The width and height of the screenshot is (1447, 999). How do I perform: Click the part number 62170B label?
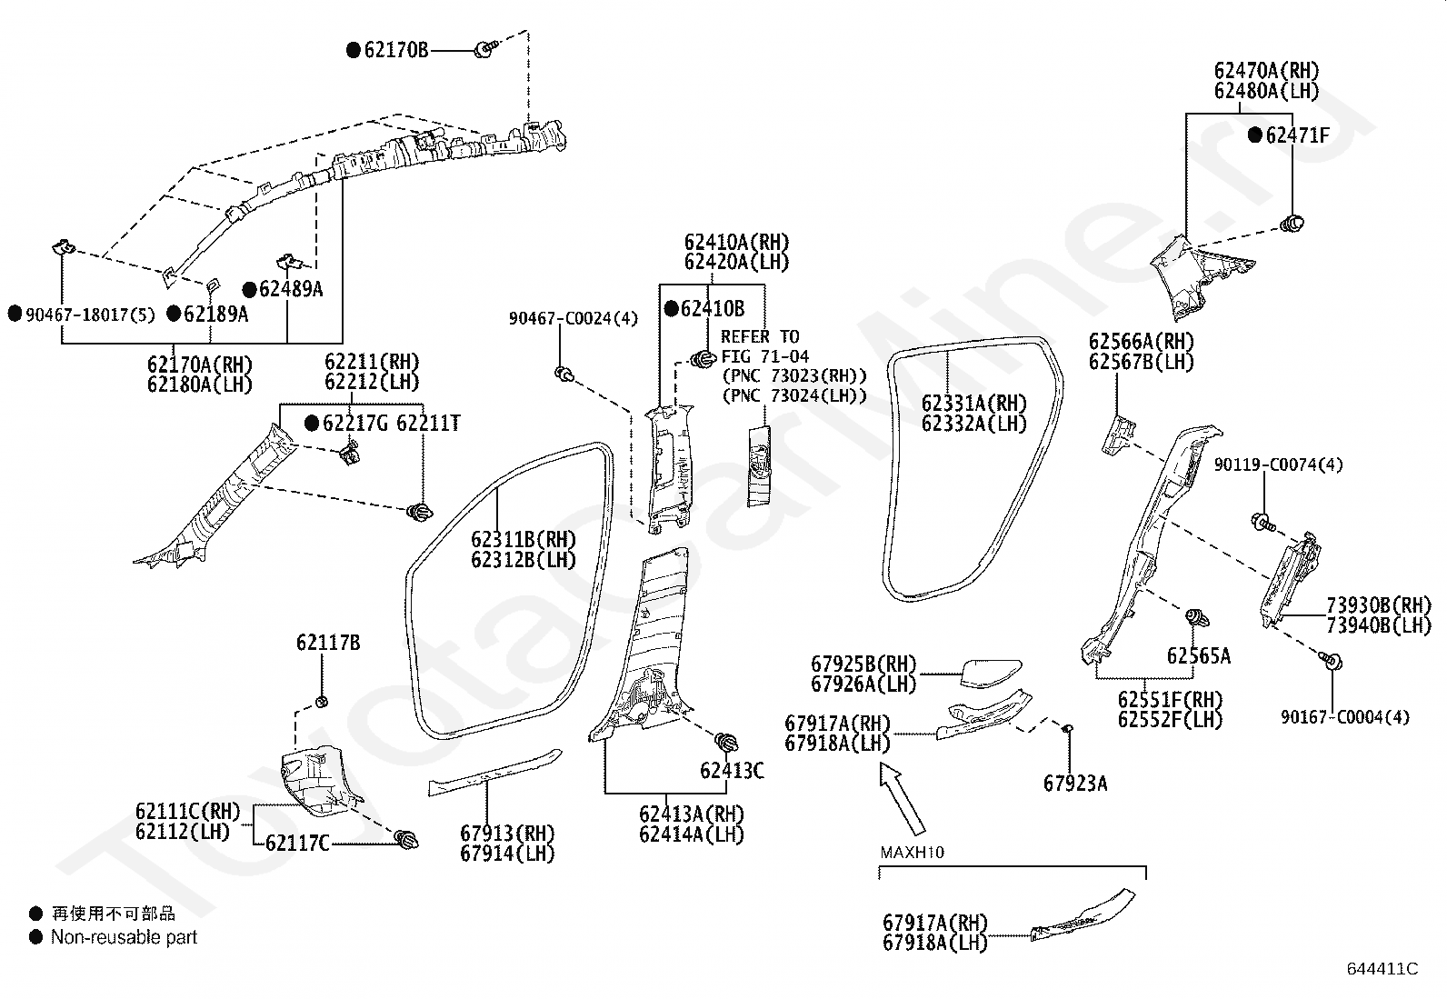coord(396,50)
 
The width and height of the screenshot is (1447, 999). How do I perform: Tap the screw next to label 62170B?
coord(486,48)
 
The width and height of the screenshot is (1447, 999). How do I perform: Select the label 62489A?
coord(291,289)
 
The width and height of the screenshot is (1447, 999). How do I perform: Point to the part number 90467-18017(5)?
coord(91,315)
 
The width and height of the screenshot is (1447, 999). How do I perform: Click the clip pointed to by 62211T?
coord(420,513)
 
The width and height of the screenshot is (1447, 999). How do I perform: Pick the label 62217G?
coord(355,424)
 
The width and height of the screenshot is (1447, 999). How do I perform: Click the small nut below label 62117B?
coord(322,702)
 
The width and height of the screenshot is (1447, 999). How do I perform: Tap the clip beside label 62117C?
coord(407,839)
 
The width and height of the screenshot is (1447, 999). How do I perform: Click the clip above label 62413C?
coord(725,742)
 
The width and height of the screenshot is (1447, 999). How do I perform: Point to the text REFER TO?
coord(760,336)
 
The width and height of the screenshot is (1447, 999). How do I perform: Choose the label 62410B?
coord(713,309)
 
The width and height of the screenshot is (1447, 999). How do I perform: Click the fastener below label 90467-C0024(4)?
coord(564,374)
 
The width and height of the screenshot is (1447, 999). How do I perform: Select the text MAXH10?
coord(913,853)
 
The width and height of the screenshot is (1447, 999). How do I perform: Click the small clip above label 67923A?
coord(1068,729)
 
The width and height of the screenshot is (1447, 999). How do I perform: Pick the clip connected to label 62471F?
coord(1292,224)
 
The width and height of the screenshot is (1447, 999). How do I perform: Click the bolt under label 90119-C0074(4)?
coord(1263,522)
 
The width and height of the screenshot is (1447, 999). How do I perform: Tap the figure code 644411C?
coord(1382,969)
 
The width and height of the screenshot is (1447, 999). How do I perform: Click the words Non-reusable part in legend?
coord(124,937)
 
